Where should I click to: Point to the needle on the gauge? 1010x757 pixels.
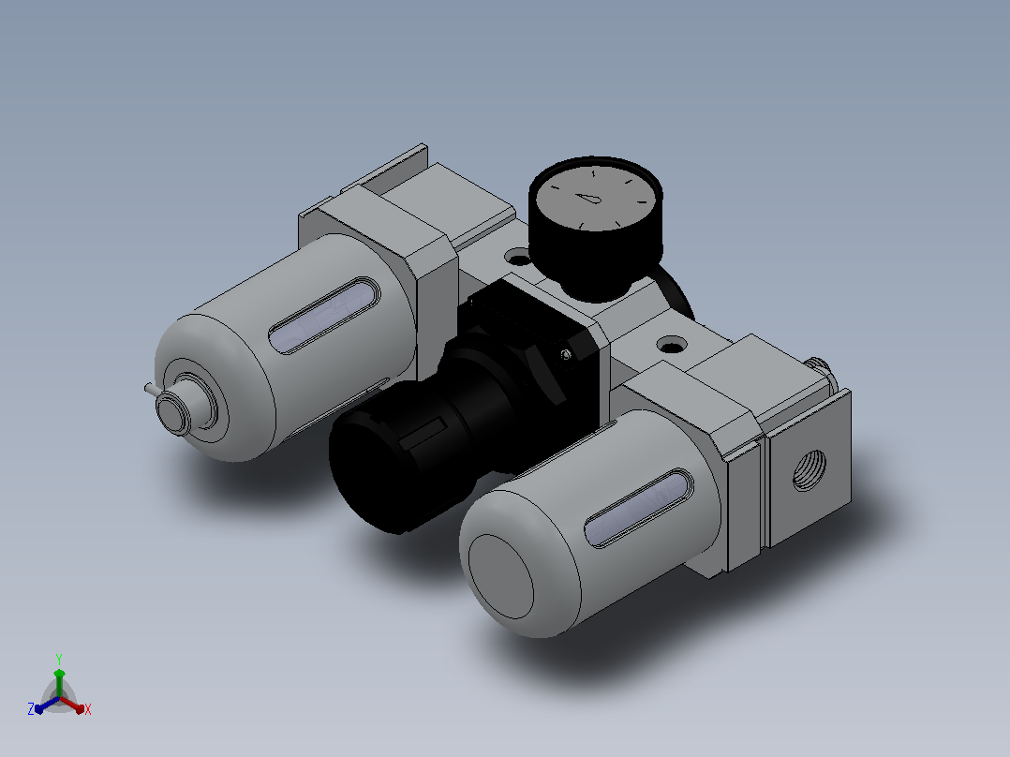point(587,198)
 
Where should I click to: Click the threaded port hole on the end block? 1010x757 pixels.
point(809,470)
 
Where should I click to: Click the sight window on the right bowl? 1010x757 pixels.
point(638,509)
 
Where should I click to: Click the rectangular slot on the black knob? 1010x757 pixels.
point(423,433)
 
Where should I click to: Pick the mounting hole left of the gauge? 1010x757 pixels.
point(517,259)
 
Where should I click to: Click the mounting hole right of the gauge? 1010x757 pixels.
point(672,346)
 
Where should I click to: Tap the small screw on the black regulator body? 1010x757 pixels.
point(565,354)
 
